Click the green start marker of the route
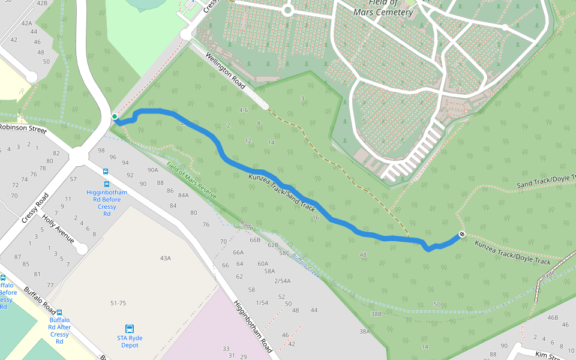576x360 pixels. click(114, 116)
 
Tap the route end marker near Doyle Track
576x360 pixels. click(461, 234)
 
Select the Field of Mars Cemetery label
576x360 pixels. click(391, 8)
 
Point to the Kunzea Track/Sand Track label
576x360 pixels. click(281, 193)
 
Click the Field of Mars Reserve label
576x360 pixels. click(191, 181)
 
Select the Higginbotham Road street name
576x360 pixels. click(253, 326)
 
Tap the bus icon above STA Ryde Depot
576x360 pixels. click(130, 328)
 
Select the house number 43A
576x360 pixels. click(166, 258)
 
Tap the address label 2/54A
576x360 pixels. click(282, 281)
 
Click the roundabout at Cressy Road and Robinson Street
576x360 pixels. click(79, 157)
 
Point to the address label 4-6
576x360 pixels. click(243, 110)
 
